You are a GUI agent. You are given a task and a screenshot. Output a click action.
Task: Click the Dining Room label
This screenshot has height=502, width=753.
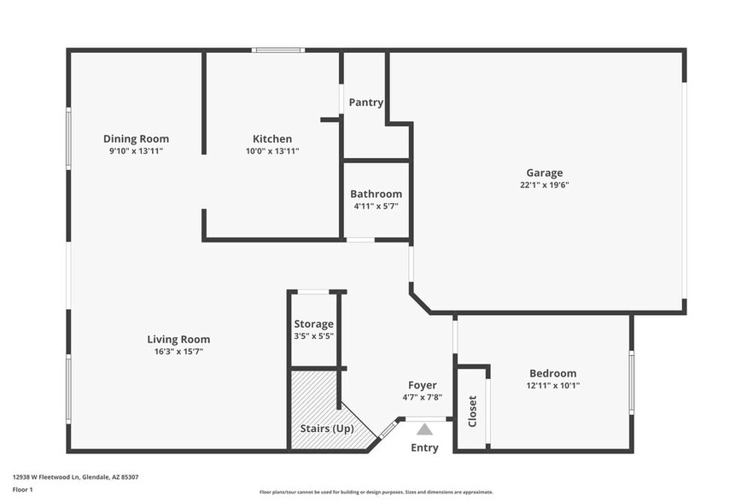point(136,138)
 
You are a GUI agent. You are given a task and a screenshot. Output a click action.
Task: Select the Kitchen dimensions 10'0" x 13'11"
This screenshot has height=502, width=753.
point(272,151)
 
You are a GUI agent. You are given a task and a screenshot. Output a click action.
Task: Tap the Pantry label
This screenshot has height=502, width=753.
point(365,102)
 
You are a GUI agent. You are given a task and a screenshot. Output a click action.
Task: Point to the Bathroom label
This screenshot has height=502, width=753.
point(376,194)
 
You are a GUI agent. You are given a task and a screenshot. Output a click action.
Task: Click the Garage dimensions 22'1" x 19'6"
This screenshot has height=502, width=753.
point(544,185)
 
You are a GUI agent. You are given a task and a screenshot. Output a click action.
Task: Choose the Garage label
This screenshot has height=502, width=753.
point(544,172)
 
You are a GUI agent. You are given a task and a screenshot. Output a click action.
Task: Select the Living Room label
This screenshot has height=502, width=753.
point(178,339)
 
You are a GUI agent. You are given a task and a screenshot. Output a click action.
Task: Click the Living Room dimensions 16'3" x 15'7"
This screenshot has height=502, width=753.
point(178,352)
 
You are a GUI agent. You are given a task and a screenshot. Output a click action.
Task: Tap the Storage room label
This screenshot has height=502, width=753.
point(313,324)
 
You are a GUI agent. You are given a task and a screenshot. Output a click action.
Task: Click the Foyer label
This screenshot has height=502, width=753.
point(422,385)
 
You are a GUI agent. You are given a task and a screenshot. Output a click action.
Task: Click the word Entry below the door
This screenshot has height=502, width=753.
point(424,448)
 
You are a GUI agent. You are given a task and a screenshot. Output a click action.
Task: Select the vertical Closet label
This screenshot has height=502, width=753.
point(472,411)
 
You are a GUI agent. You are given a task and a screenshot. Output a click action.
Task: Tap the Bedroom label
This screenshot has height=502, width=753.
point(552,373)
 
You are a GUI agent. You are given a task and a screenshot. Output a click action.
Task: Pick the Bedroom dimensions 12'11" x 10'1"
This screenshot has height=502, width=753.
point(552,386)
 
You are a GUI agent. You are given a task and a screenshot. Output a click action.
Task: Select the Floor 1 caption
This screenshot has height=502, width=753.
point(23,489)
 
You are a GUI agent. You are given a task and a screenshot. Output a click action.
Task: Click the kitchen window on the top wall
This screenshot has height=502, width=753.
point(278,50)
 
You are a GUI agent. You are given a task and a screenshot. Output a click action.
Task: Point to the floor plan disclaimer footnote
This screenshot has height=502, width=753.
point(376,493)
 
